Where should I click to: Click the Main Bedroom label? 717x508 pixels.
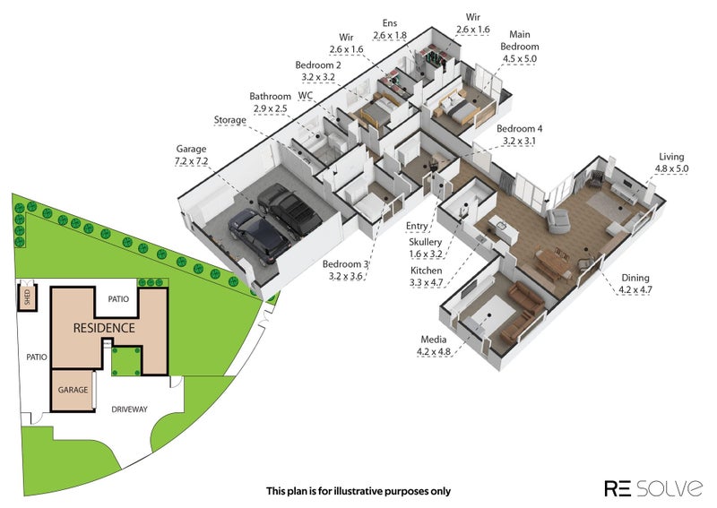(x=520, y=40)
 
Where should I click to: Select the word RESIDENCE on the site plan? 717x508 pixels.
(x=104, y=328)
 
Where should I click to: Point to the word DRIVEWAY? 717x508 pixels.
(x=128, y=409)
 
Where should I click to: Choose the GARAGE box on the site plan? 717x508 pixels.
(x=72, y=391)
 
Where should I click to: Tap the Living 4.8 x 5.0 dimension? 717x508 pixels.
(x=671, y=168)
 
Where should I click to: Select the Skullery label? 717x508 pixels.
(x=426, y=242)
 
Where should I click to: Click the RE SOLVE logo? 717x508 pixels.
(x=653, y=488)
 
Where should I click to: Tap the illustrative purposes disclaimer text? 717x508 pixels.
(x=358, y=491)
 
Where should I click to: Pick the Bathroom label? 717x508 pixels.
(x=271, y=97)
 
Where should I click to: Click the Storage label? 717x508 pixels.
(x=230, y=120)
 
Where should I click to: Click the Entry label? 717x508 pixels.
(x=417, y=226)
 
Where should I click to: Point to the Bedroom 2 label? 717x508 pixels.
(x=318, y=65)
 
